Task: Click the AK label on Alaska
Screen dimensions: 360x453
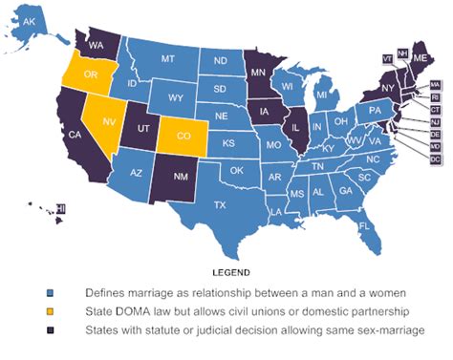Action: [x=32, y=21]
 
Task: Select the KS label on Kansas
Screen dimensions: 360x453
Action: [x=228, y=143]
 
